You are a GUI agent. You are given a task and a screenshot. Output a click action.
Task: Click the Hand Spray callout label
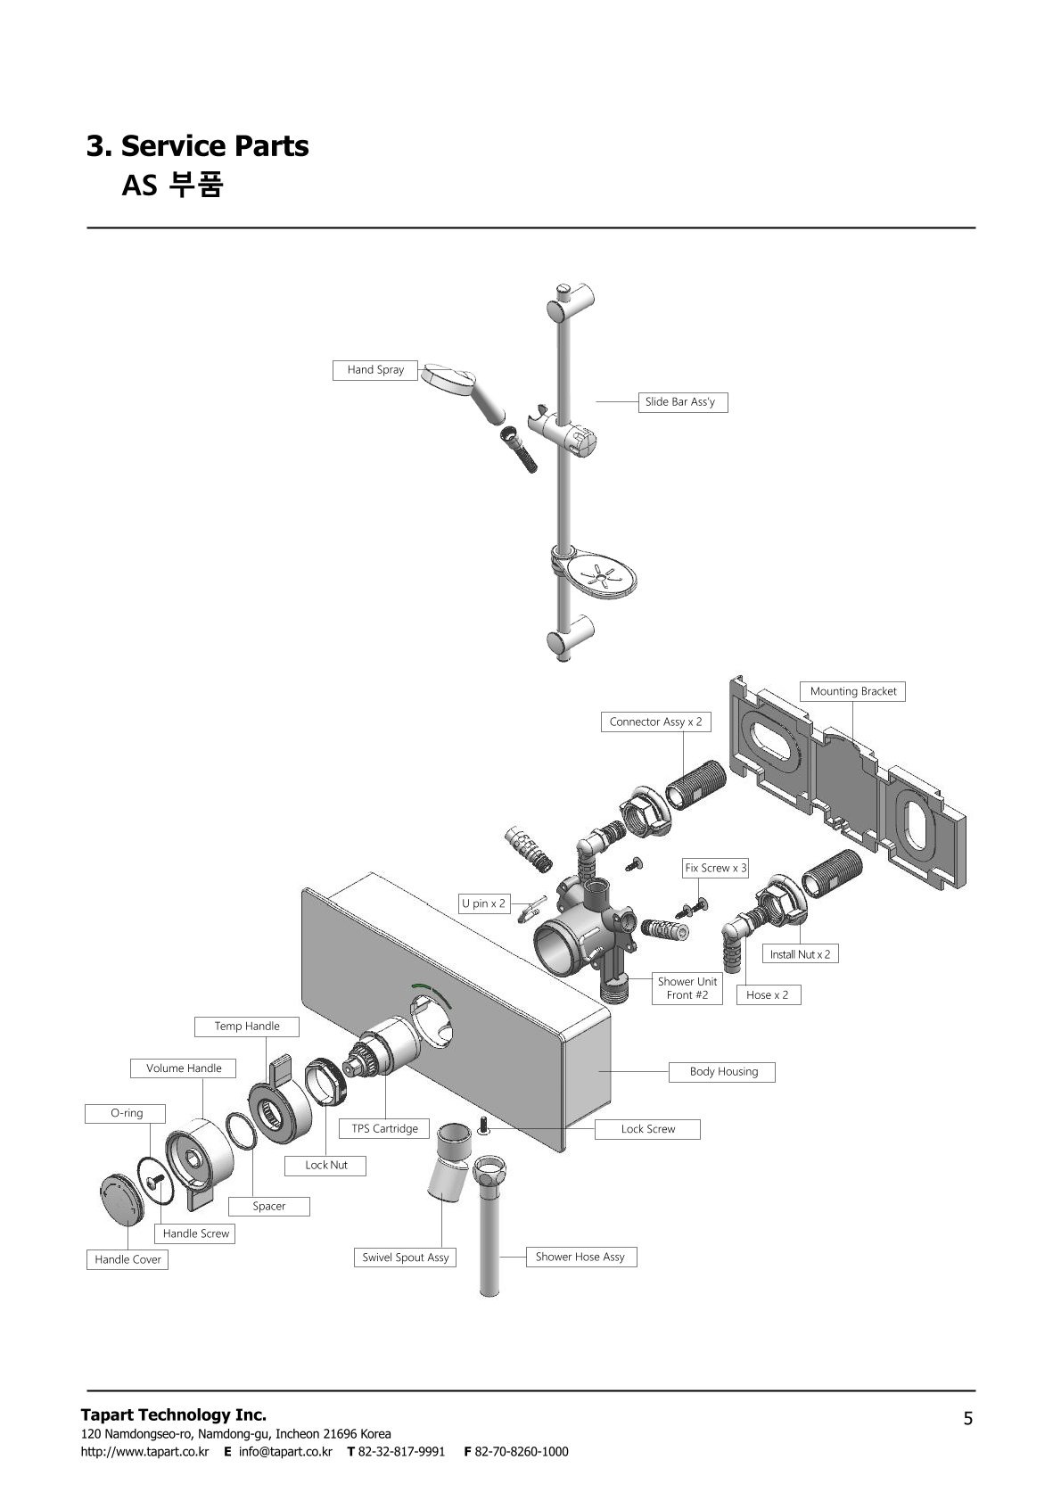375,370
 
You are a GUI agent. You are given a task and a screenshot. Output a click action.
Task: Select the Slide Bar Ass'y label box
683,402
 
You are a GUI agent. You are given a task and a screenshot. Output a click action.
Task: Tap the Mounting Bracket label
852,691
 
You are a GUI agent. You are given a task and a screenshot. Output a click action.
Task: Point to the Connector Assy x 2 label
655,722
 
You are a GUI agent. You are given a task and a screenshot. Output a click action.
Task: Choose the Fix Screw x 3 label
715,868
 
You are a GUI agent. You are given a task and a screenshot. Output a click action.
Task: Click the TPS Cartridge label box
385,1128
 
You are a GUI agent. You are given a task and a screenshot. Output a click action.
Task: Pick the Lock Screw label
647,1129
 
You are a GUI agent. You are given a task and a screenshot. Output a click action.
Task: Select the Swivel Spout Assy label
406,1258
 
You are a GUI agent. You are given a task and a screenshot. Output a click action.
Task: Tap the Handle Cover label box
127,1259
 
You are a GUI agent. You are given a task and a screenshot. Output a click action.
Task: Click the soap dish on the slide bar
595,573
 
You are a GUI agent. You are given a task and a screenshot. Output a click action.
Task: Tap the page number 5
968,1419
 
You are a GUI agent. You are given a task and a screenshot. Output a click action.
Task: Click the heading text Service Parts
214,145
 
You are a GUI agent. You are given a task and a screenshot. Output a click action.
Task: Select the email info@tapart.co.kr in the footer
285,1451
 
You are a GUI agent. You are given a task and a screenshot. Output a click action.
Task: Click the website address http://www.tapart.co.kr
144,1451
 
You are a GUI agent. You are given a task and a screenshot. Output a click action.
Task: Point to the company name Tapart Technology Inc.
174,1414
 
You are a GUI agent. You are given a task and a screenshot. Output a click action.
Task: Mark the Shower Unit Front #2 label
687,987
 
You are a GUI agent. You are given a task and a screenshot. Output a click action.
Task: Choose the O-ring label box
125,1113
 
